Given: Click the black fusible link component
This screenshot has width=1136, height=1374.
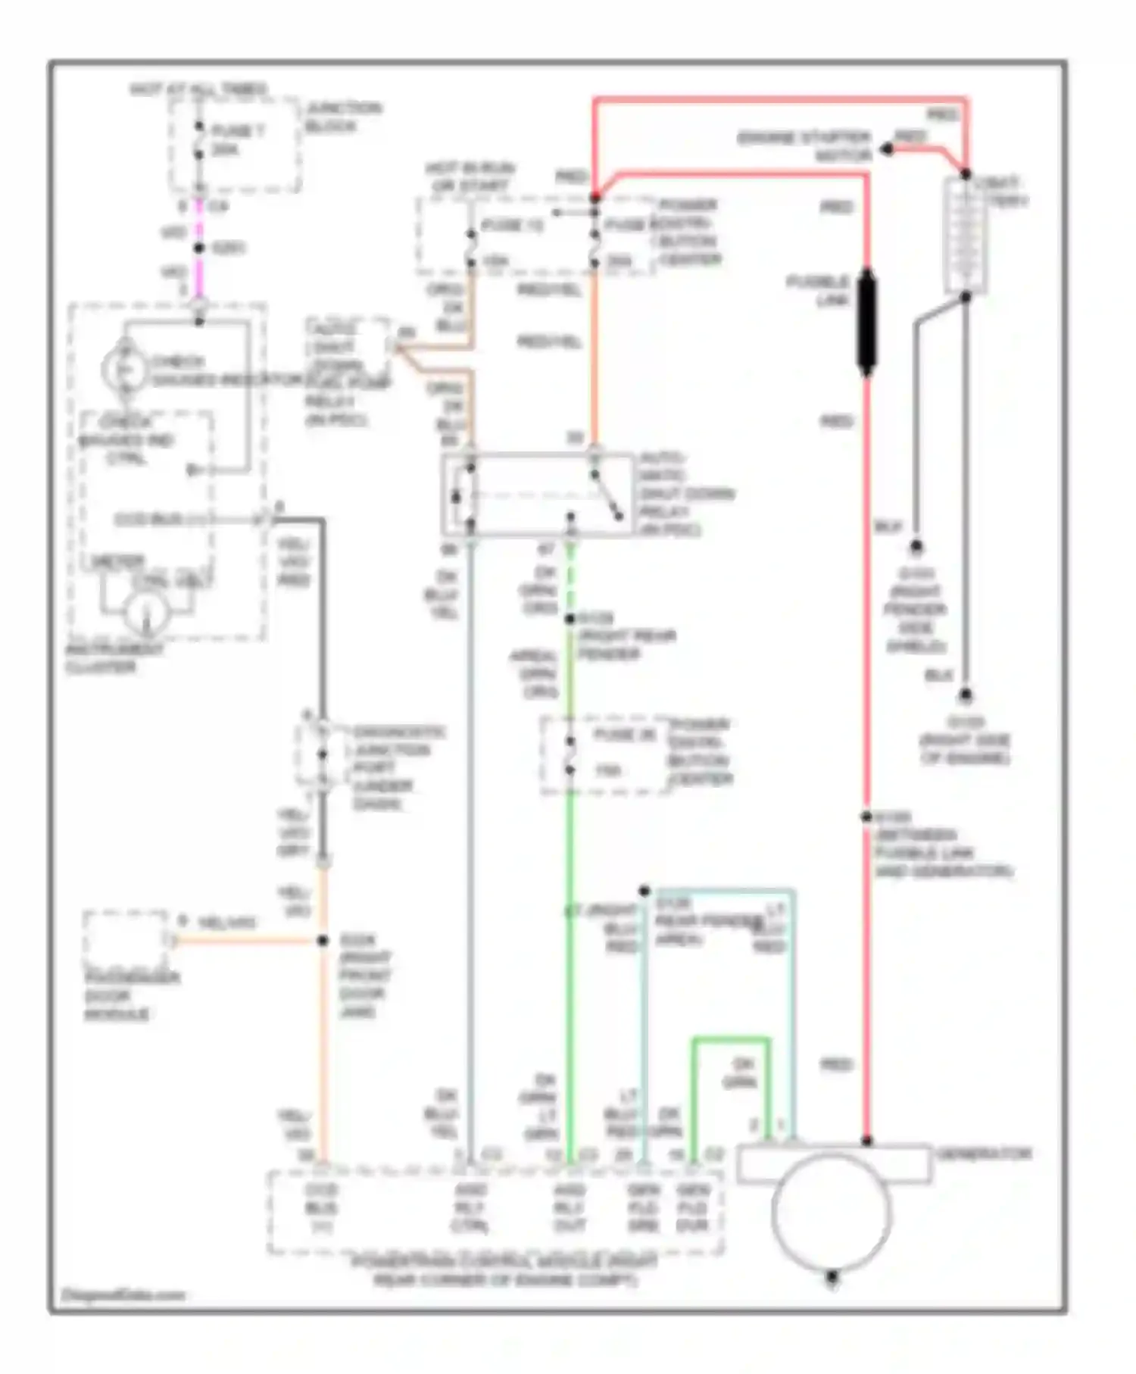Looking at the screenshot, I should [x=866, y=321].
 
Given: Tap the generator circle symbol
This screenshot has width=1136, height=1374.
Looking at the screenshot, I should [x=832, y=1212].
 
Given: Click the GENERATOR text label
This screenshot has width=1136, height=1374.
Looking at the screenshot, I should [x=984, y=1154].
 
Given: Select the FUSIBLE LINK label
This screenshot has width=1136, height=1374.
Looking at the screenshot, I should [x=818, y=291].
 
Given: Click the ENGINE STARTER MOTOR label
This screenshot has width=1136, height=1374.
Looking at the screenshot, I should [x=804, y=146].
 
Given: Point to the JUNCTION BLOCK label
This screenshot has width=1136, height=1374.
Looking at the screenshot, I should [x=342, y=117].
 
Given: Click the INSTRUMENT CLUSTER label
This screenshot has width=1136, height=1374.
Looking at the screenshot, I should [x=114, y=658].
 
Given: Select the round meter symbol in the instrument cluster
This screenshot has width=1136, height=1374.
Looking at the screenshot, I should [x=146, y=613].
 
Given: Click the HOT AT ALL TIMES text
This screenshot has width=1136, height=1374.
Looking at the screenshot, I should [x=198, y=89].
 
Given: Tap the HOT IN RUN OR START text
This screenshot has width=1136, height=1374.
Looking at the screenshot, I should [x=470, y=176].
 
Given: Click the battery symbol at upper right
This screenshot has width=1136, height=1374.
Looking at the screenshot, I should [x=966, y=236].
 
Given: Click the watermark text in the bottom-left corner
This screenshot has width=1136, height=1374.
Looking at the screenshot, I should [x=123, y=1294].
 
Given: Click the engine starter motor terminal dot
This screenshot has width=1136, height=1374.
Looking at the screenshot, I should [x=885, y=151].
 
